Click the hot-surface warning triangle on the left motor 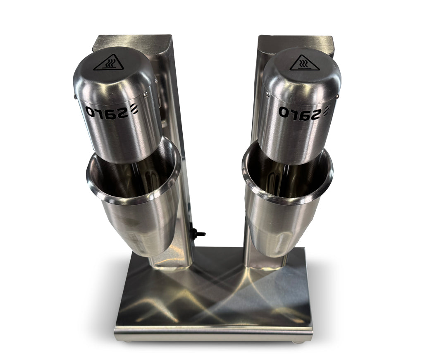[x=108, y=63]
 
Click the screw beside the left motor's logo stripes [x=145, y=95]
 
